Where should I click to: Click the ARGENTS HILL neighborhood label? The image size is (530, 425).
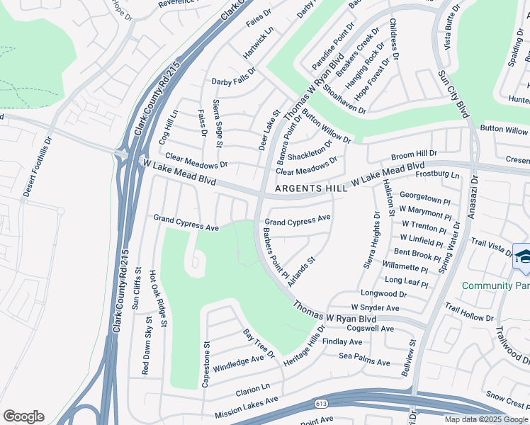pos(311,188)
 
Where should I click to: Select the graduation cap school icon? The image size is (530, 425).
pos(522,258)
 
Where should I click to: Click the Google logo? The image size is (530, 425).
pos(24,416)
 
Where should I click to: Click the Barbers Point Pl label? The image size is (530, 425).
pos(275,251)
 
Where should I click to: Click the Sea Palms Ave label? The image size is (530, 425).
pos(364,362)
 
